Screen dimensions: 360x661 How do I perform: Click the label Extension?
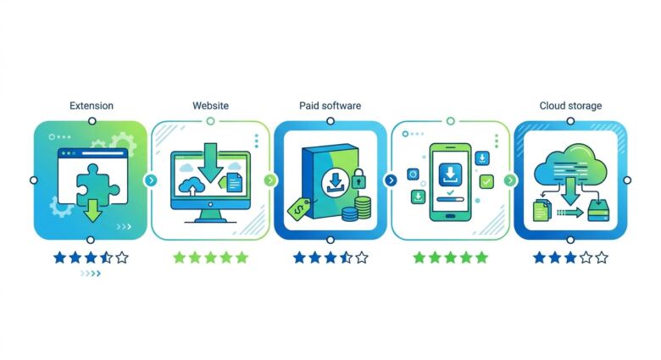pyautogui.click(x=91, y=106)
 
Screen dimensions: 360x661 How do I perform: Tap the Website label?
pyautogui.click(x=211, y=106)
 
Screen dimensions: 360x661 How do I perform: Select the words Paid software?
pyautogui.click(x=330, y=106)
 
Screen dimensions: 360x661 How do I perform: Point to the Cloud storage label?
pyautogui.click(x=570, y=106)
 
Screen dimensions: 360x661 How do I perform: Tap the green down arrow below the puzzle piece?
pyautogui.click(x=92, y=212)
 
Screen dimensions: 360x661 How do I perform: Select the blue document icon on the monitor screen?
pyautogui.click(x=235, y=181)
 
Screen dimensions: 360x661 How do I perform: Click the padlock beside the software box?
pyautogui.click(x=358, y=179)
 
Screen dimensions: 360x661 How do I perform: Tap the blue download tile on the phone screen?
pyautogui.click(x=450, y=174)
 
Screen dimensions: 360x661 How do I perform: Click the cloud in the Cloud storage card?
pyautogui.click(x=570, y=165)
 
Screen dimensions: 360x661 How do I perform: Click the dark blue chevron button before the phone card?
pyautogui.click(x=391, y=180)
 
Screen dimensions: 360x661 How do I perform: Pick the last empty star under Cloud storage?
pyautogui.click(x=601, y=257)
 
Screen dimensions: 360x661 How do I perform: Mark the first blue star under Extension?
pyautogui.click(x=58, y=257)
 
